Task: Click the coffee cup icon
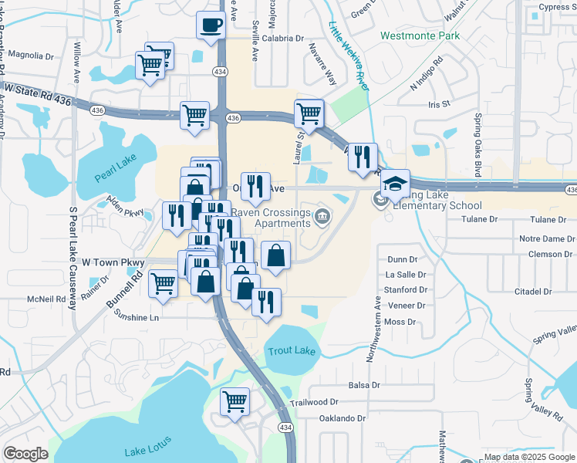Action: click(211, 25)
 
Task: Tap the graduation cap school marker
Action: click(395, 184)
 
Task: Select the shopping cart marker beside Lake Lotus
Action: click(235, 401)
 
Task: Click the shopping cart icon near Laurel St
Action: click(309, 113)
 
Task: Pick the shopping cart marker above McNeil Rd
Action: click(163, 283)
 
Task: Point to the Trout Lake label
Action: click(292, 351)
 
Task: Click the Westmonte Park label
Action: click(420, 35)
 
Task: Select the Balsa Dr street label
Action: click(365, 385)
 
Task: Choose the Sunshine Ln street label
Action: click(136, 316)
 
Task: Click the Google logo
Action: click(25, 454)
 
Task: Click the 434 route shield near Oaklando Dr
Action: click(286, 427)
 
